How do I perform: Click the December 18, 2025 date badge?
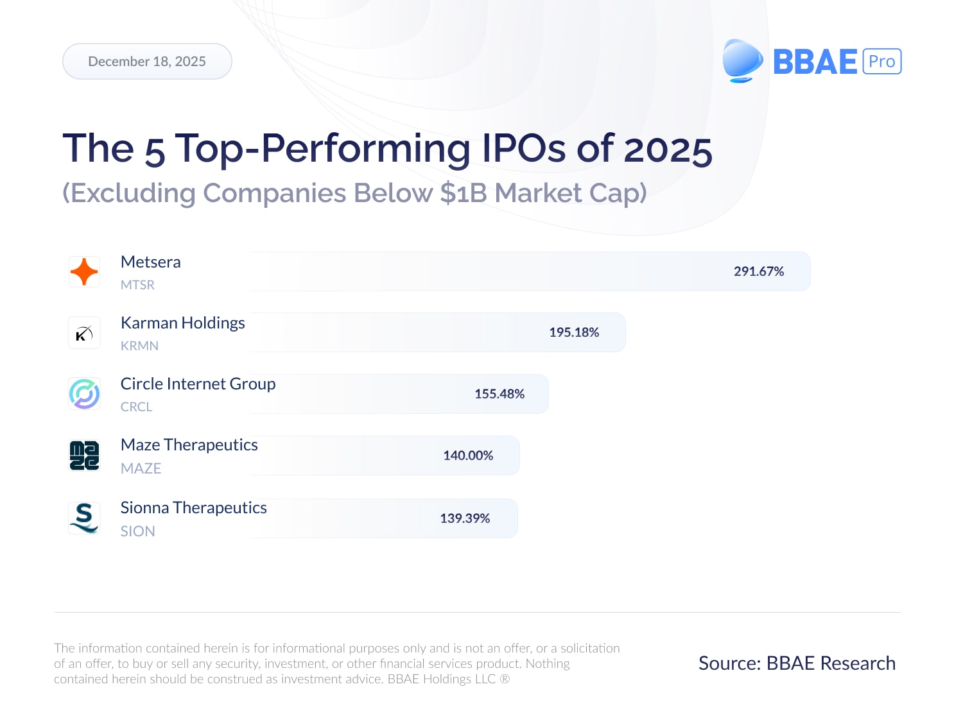tap(147, 62)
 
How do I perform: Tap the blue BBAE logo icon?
tap(742, 61)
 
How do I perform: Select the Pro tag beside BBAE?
tap(882, 62)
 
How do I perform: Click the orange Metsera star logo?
tap(84, 271)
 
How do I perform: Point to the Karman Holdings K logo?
tap(84, 333)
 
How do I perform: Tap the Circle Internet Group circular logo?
tap(84, 394)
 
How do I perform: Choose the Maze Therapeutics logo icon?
tap(84, 456)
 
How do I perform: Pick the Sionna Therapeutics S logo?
tap(84, 518)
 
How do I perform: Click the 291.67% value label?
tap(759, 271)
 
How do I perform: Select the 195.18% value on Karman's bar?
tap(574, 332)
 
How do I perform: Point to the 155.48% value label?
tap(499, 394)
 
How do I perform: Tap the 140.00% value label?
tap(468, 456)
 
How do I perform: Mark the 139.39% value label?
tap(465, 518)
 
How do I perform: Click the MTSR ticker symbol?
tap(137, 285)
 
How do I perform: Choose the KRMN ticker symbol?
tap(139, 346)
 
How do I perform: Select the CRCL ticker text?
tap(136, 407)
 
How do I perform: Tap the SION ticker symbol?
tap(137, 531)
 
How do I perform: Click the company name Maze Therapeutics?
tap(189, 445)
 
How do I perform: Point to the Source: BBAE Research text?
tap(797, 663)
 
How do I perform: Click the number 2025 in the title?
tap(668, 149)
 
